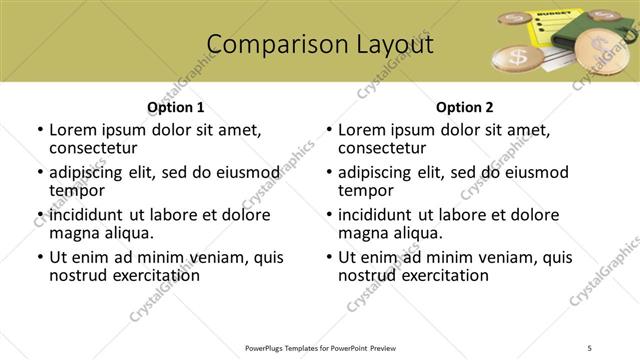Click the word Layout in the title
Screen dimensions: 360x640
coord(392,45)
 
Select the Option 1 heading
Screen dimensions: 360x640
coord(175,107)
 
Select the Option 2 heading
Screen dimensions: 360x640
coord(464,107)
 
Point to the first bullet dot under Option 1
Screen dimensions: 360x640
coord(40,130)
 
